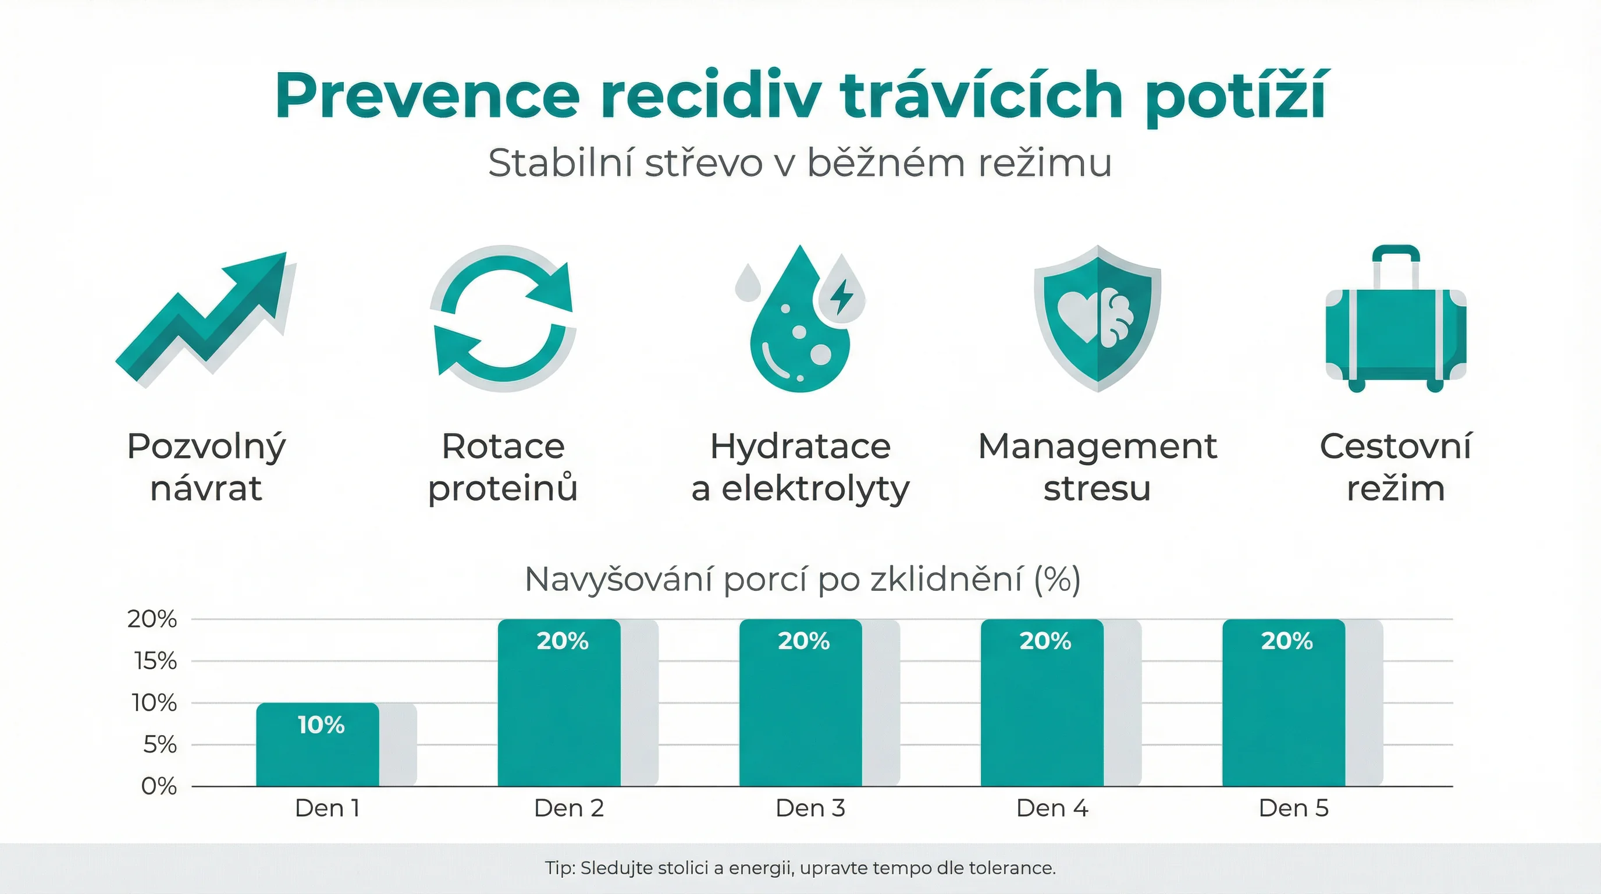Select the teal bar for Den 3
[800, 715]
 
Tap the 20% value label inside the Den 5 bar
[1286, 641]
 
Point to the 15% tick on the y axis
[155, 661]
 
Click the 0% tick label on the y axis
[159, 786]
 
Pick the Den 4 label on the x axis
[1052, 808]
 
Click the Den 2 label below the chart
[569, 808]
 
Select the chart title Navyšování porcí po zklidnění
[802, 580]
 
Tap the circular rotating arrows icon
[503, 318]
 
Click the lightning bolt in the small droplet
[842, 297]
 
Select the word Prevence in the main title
[428, 97]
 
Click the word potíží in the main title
[1236, 97]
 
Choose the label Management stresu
[1097, 467]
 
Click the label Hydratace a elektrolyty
[800, 467]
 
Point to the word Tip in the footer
[558, 868]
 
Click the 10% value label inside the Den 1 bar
[321, 725]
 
